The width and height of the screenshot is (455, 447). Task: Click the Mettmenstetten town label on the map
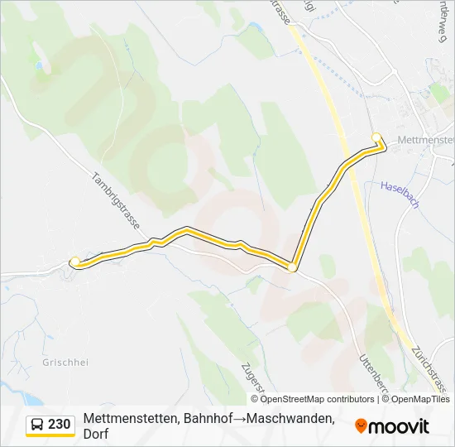click(425, 139)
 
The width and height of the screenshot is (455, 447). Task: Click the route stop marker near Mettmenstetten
click(376, 137)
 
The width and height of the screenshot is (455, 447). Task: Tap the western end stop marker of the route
click(75, 262)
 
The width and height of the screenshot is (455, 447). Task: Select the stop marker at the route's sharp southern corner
click(292, 267)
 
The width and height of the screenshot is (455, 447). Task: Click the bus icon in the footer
click(37, 425)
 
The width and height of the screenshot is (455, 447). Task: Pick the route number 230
click(60, 425)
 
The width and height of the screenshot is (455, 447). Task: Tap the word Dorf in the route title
click(96, 435)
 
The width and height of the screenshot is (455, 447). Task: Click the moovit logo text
click(400, 426)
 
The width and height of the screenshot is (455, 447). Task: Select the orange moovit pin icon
click(361, 426)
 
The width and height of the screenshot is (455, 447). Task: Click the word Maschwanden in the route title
click(293, 420)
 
